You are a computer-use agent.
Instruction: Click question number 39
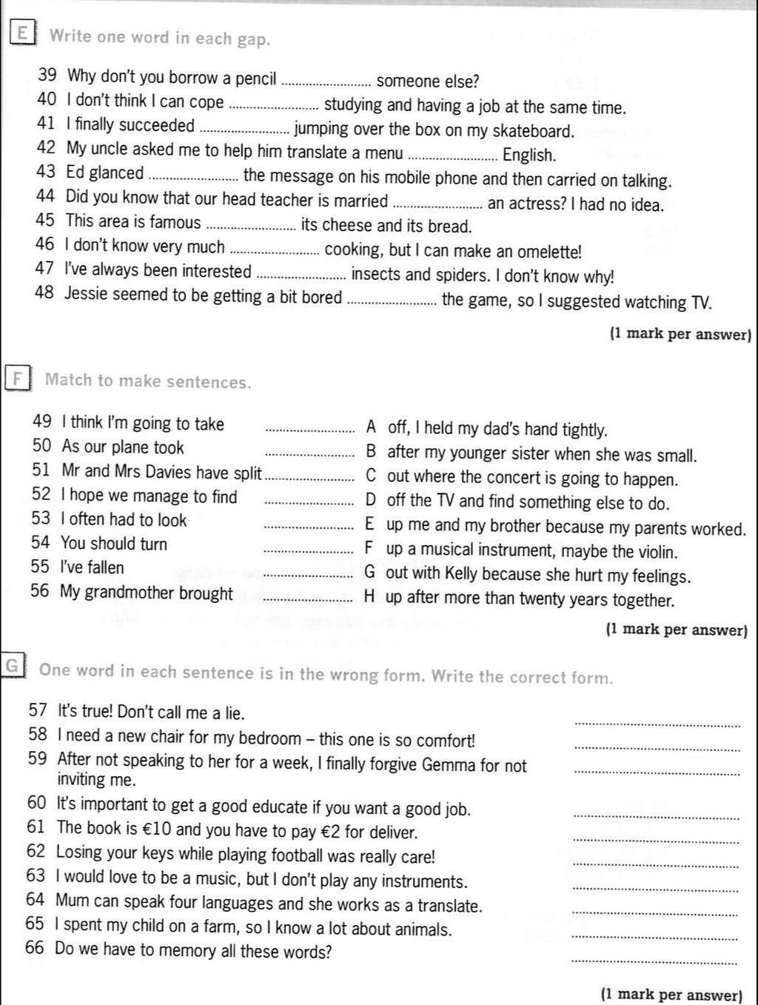click(47, 76)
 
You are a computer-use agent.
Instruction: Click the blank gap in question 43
click(193, 178)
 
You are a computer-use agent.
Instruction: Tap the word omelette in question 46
click(549, 251)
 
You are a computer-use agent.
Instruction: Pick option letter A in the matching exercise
click(371, 427)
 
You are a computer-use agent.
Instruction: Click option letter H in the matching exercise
click(370, 597)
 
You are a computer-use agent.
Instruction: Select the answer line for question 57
click(657, 725)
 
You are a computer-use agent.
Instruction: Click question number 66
click(35, 949)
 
